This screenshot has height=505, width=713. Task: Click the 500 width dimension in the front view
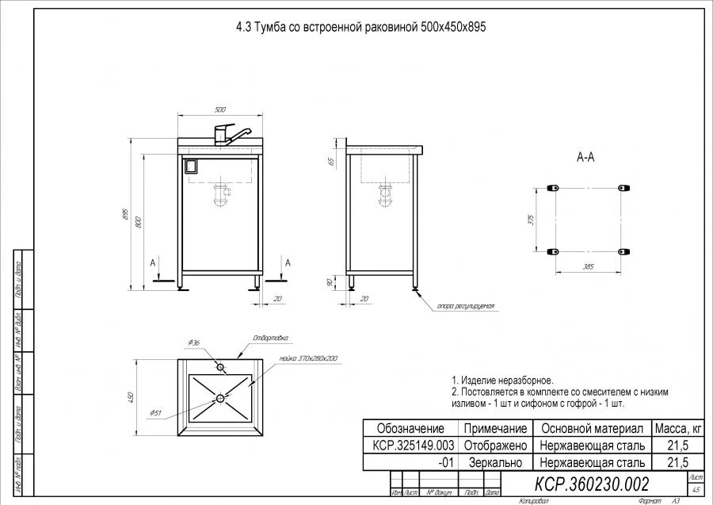tap(220, 109)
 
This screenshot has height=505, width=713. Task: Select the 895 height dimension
tap(125, 215)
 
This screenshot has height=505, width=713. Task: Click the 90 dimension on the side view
tap(330, 281)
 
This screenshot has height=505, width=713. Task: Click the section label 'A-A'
tap(585, 158)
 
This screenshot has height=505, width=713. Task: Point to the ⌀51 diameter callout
tap(156, 412)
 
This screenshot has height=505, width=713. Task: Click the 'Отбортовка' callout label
tap(269, 338)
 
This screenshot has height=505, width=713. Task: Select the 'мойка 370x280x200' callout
tap(308, 358)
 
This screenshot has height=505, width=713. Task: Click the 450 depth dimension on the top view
tap(132, 396)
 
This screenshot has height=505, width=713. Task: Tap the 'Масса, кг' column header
tap(676, 428)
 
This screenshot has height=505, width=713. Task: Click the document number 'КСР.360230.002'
tap(593, 483)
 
